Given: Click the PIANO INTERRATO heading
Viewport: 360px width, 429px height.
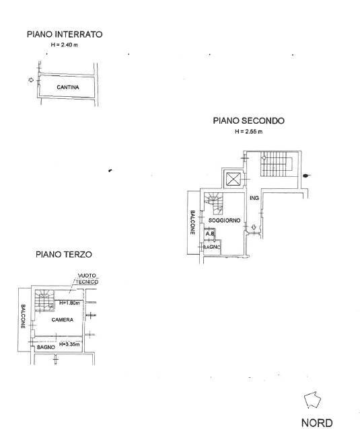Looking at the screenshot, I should pyautogui.click(x=65, y=34).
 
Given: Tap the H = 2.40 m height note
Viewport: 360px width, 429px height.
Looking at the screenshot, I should pyautogui.click(x=65, y=44).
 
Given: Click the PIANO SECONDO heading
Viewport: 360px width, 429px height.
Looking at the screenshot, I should pyautogui.click(x=248, y=121).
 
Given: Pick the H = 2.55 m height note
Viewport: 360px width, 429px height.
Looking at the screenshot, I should pyautogui.click(x=248, y=132).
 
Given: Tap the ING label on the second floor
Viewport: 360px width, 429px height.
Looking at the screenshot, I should pyautogui.click(x=254, y=198).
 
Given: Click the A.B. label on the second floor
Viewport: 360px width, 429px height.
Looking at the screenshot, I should pyautogui.click(x=209, y=235).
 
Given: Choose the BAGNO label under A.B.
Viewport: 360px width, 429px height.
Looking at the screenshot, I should pyautogui.click(x=213, y=247).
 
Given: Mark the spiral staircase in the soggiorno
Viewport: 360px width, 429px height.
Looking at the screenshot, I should pyautogui.click(x=214, y=200).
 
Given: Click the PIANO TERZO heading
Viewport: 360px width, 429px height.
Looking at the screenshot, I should pyautogui.click(x=64, y=255).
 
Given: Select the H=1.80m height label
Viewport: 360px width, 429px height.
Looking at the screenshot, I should pyautogui.click(x=70, y=303).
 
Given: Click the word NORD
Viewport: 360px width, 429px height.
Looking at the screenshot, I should pyautogui.click(x=316, y=422).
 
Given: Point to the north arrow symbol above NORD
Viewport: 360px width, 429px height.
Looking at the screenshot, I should pyautogui.click(x=312, y=401).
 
